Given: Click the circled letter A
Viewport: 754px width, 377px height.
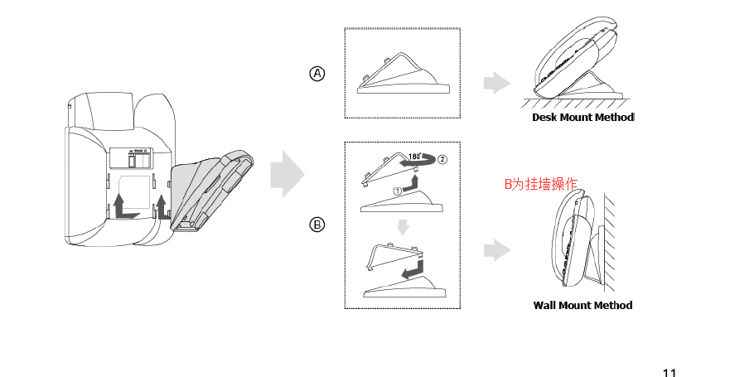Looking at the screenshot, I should (x=317, y=74).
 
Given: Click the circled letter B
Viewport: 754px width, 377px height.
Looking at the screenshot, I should (x=317, y=225).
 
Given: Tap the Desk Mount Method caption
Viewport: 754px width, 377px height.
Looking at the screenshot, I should (x=582, y=118).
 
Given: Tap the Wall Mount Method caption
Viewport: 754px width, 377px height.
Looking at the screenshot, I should (x=582, y=305).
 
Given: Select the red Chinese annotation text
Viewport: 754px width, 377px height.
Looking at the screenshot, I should (x=540, y=184).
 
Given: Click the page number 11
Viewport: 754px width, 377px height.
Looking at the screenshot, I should (x=669, y=372).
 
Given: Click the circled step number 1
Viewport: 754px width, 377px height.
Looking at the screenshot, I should (x=397, y=190).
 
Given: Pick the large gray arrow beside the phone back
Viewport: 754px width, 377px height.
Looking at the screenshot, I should (x=288, y=174).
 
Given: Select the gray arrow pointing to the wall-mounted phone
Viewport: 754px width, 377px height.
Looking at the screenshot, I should (x=495, y=250).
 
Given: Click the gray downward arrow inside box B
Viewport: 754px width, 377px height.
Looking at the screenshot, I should (x=402, y=227).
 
